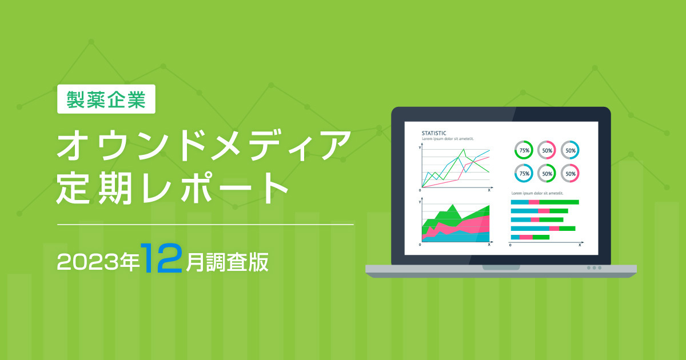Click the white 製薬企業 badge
coord(106,99)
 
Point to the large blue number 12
coord(162,258)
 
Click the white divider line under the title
coord(205,225)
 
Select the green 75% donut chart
coord(524,150)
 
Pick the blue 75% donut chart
coord(524,173)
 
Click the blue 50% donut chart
coord(570,150)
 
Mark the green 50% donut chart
coord(547,173)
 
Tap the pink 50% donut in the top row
coord(547,150)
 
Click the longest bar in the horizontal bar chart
coord(545,202)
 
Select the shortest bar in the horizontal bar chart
coord(530,237)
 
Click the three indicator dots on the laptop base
coord(594,267)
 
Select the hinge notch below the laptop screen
coord(501,267)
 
